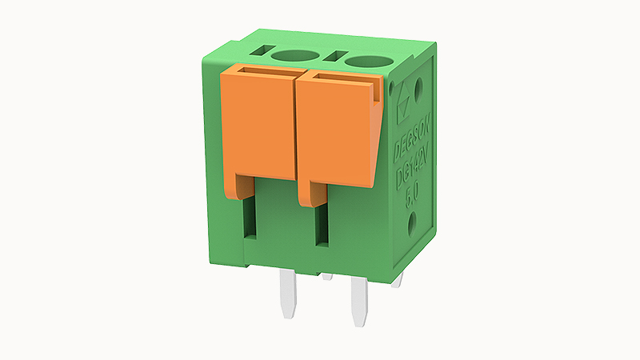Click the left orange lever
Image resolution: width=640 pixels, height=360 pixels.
point(258,128)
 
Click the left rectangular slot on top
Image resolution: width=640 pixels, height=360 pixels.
point(261,51)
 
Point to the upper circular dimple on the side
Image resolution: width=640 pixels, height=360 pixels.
point(420,82)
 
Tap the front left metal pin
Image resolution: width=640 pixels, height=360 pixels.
point(288,293)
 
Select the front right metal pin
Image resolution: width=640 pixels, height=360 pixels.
point(357,301)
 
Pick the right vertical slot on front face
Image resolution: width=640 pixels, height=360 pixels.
point(322,226)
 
